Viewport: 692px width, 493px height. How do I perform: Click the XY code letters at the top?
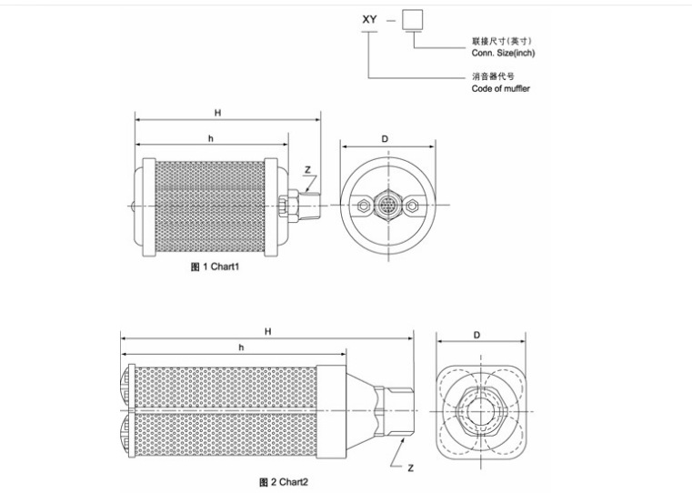(x=369, y=19)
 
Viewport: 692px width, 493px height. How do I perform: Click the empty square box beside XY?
(x=412, y=20)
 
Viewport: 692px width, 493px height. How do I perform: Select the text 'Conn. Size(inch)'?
(x=503, y=53)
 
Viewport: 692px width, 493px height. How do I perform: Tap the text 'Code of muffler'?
(x=500, y=88)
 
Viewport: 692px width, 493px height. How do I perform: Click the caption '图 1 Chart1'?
(x=215, y=267)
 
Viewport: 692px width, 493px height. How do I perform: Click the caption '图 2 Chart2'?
(x=284, y=482)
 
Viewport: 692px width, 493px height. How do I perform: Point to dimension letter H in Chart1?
(x=217, y=113)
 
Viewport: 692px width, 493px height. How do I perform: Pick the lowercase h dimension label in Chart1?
(x=211, y=138)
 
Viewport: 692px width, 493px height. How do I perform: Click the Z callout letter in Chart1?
(x=307, y=169)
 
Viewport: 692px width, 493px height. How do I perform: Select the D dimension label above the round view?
(x=385, y=139)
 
